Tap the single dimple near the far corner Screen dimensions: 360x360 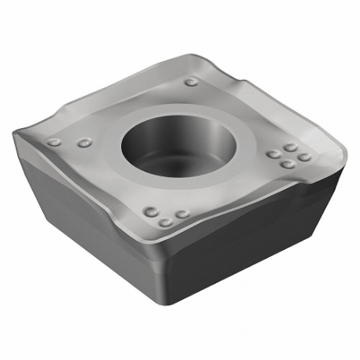pos(192,82)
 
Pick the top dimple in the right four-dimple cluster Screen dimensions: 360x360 pos(290,147)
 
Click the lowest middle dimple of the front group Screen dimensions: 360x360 pos(165,222)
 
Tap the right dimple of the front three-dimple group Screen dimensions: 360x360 pos(182,214)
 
